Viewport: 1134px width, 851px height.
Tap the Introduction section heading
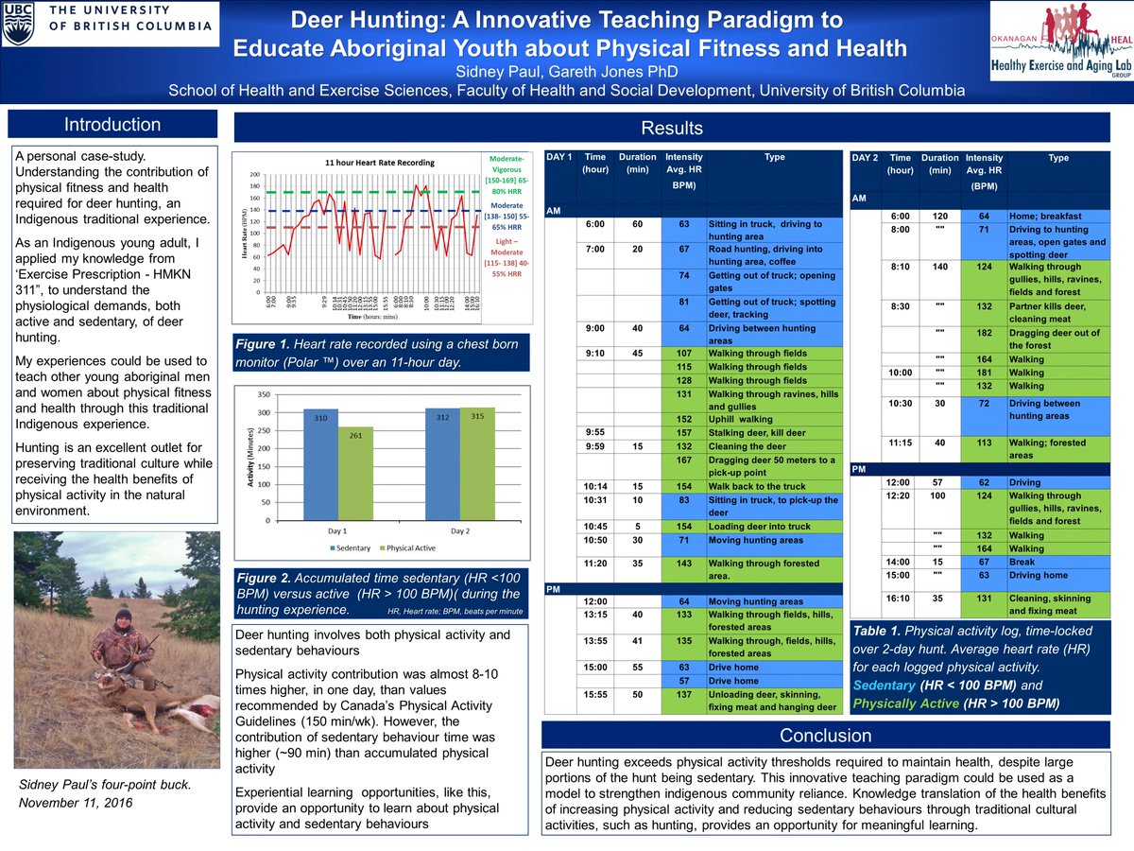(x=112, y=125)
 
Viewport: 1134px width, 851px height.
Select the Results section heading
(x=672, y=128)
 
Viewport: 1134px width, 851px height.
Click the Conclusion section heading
(x=826, y=736)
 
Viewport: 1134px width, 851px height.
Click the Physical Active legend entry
(x=409, y=547)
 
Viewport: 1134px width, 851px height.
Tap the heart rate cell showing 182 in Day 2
(x=983, y=332)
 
